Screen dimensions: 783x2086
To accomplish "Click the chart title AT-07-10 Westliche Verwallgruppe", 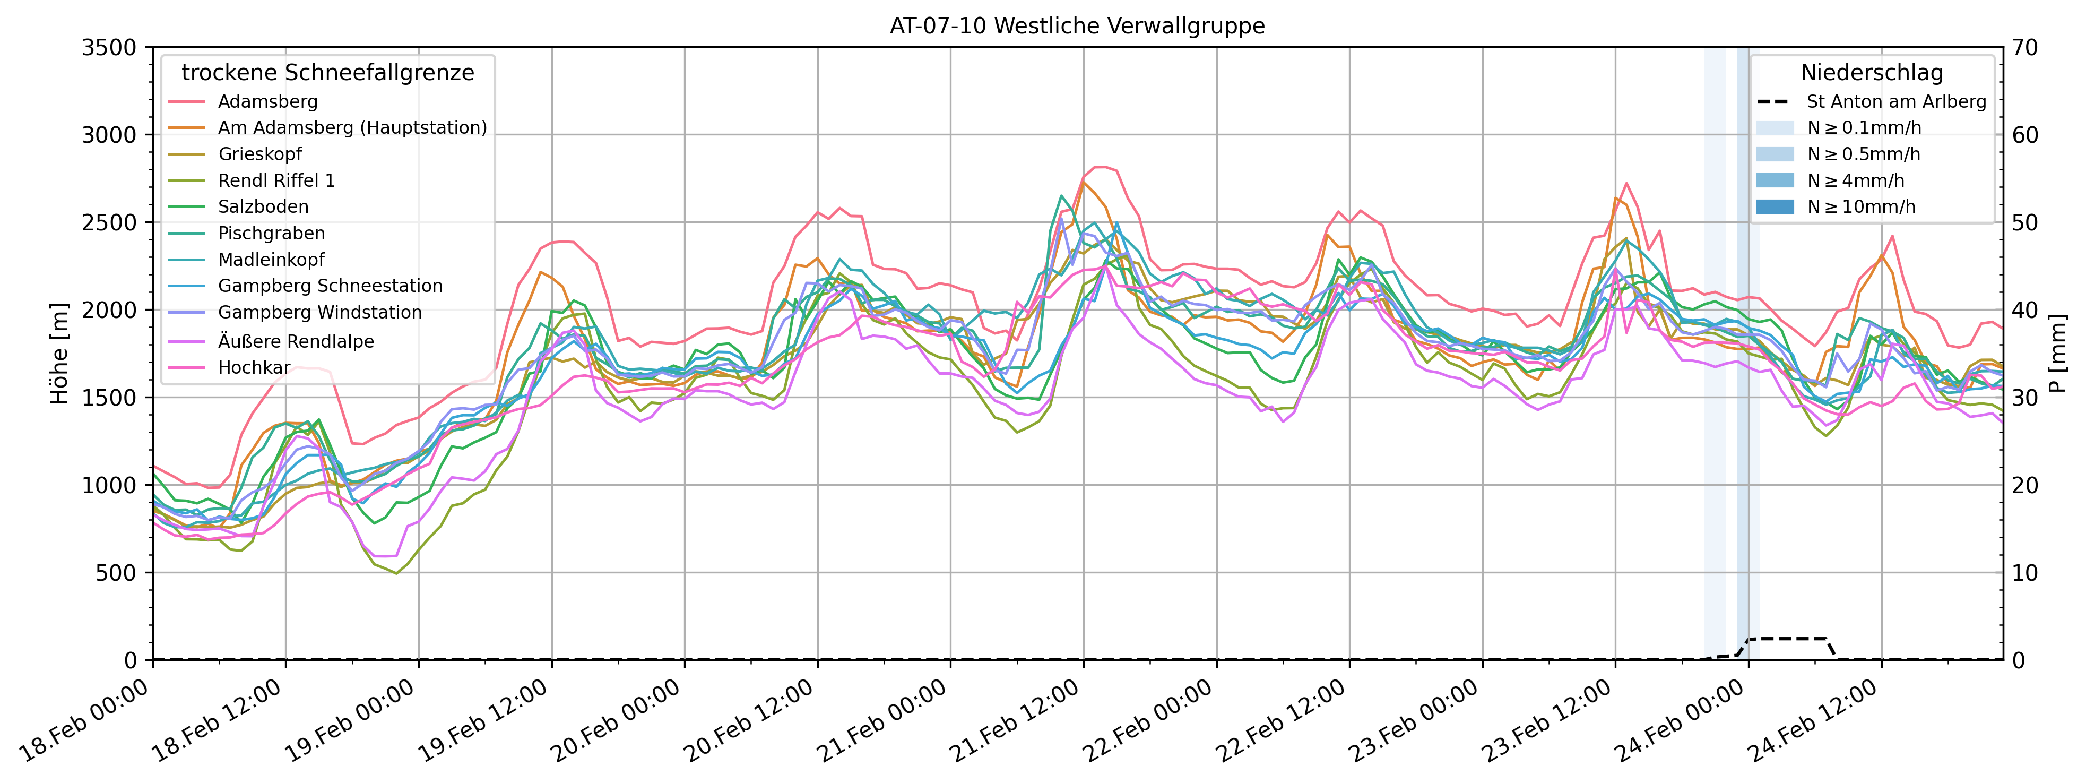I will pyautogui.click(x=1077, y=26).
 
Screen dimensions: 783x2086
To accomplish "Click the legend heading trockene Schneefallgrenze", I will pyautogui.click(x=328, y=73).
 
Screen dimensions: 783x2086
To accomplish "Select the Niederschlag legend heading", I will pyautogui.click(x=1872, y=73).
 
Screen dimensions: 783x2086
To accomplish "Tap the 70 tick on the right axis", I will pyautogui.click(x=2026, y=48).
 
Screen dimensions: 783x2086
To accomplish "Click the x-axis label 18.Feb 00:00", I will pyautogui.click(x=85, y=721).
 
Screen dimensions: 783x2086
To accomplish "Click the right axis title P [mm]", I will pyautogui.click(x=2058, y=354).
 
